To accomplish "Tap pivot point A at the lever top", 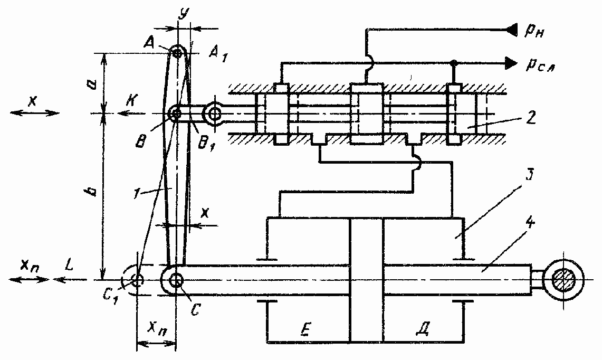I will click(177, 52).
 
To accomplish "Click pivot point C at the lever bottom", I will click(176, 279).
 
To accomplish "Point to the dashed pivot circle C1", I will click(137, 279).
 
